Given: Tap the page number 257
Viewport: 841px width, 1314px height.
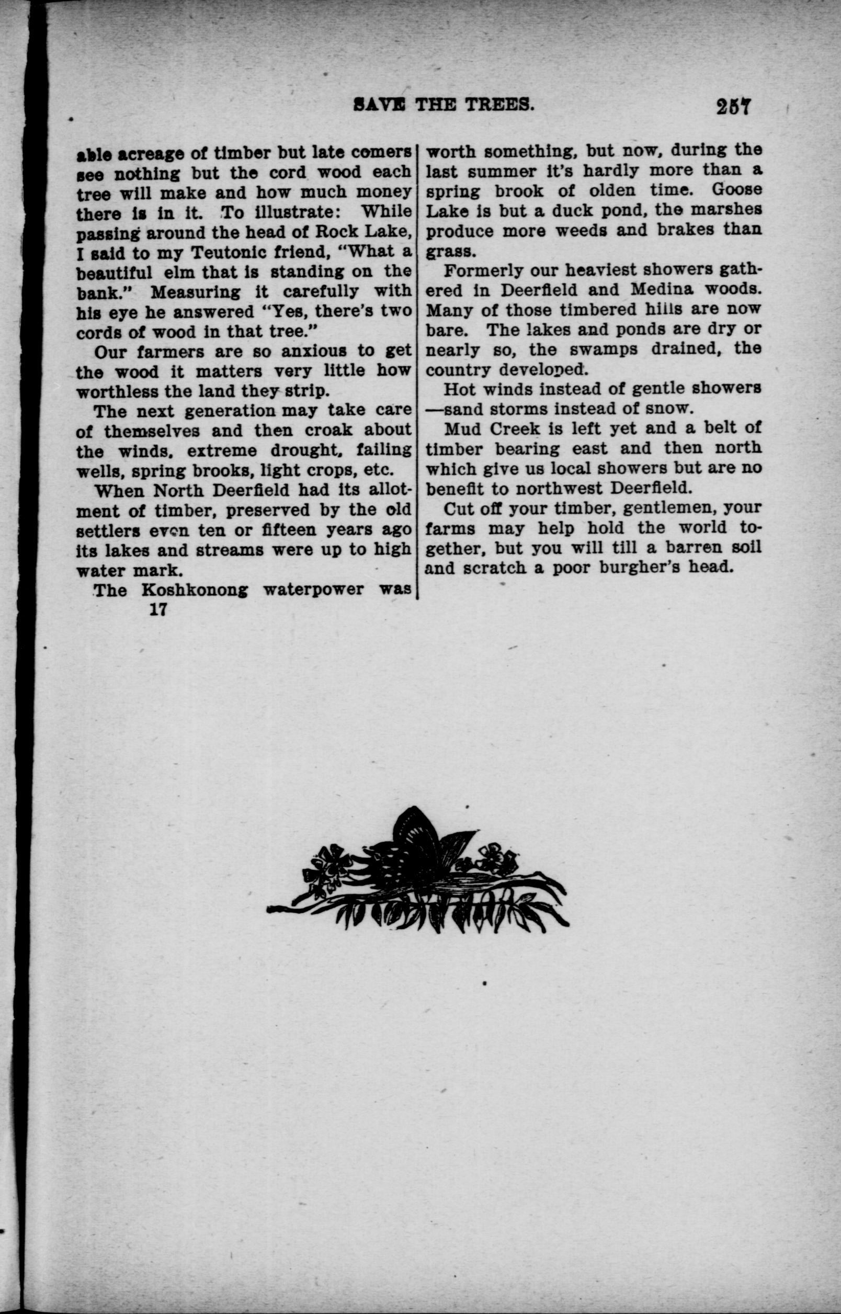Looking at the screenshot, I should click(734, 106).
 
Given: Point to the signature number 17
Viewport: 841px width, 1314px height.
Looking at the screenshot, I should click(158, 609).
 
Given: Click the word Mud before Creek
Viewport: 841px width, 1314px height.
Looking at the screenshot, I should click(462, 429).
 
